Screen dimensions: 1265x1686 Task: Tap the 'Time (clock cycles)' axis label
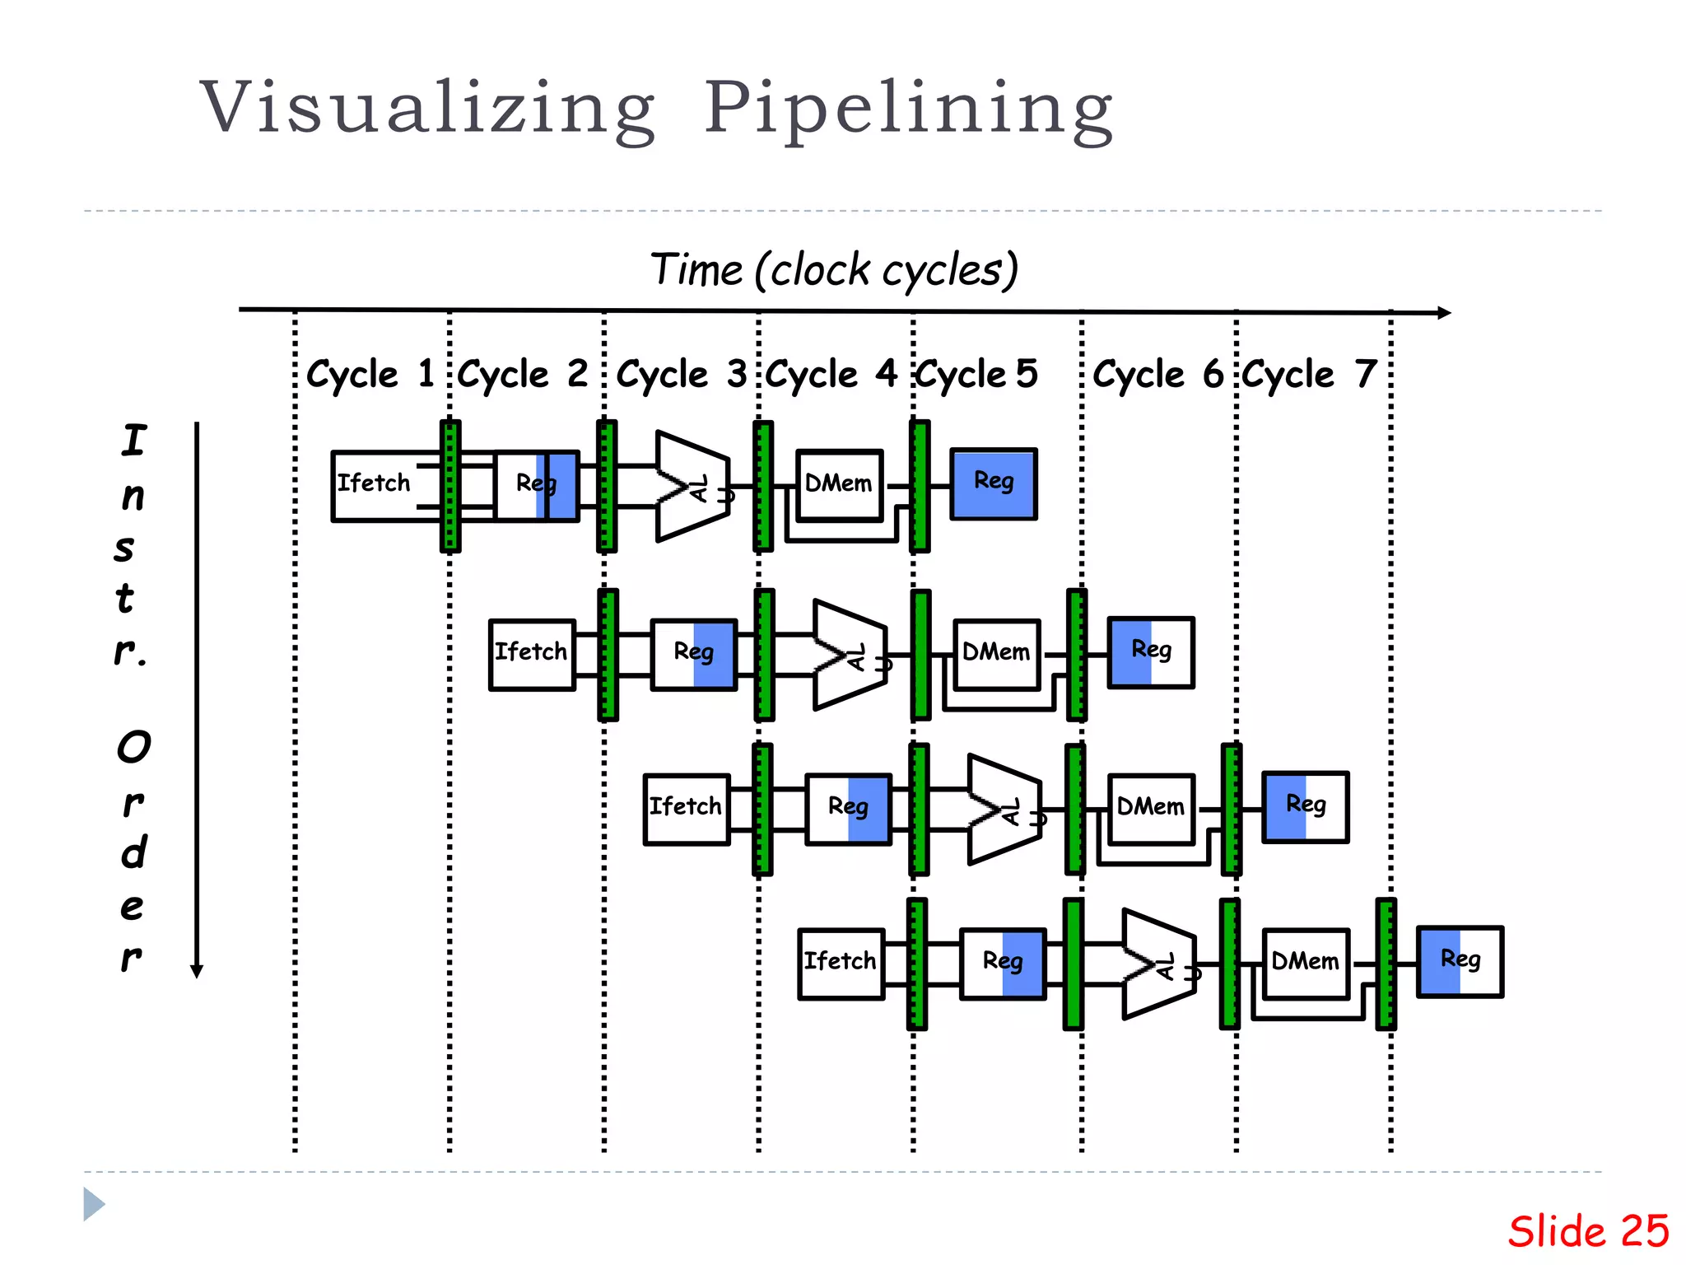(834, 269)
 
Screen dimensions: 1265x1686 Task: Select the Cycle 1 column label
(370, 374)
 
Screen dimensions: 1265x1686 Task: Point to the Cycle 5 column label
(977, 374)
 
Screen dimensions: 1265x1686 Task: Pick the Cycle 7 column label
(1310, 374)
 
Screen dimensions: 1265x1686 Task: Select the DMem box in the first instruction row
(839, 485)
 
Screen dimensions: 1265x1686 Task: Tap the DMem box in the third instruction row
(1151, 808)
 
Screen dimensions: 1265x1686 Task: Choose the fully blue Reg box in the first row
(994, 483)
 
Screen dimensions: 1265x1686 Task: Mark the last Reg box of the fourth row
(1460, 961)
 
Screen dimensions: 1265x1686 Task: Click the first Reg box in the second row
(694, 654)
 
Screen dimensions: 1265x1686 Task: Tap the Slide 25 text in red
(1587, 1231)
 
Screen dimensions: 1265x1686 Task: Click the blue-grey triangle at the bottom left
(93, 1204)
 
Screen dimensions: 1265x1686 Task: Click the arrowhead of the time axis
(1443, 313)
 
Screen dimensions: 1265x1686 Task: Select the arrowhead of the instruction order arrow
(197, 971)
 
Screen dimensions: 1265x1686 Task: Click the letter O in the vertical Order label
(133, 747)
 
